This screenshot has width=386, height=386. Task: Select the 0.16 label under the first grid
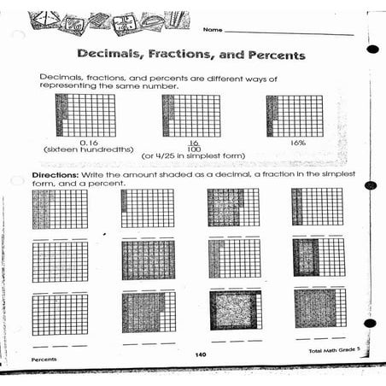88,142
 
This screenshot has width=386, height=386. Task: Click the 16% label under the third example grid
296,142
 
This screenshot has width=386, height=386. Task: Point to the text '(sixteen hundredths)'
88,149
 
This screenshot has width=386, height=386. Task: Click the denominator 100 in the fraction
193,149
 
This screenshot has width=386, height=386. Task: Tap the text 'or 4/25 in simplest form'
193,156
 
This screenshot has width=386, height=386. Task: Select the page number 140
199,354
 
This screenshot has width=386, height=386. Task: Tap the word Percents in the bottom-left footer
44,360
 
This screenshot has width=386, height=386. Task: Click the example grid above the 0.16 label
85,115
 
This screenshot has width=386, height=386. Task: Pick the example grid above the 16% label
295,114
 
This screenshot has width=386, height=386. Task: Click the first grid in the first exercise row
60,209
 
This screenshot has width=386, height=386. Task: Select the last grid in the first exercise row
320,208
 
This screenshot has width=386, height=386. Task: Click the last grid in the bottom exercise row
320,308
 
